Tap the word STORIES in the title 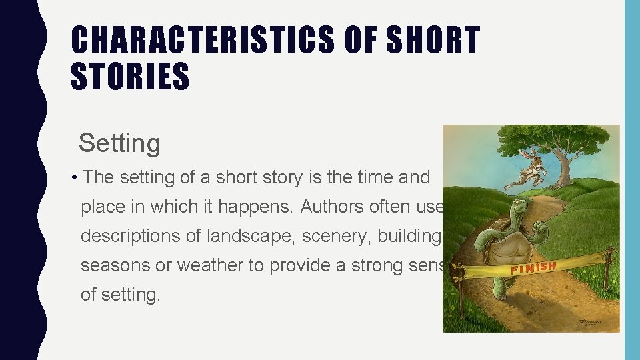point(130,75)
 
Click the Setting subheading point(119,143)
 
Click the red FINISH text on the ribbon point(533,268)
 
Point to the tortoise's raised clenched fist point(541,231)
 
